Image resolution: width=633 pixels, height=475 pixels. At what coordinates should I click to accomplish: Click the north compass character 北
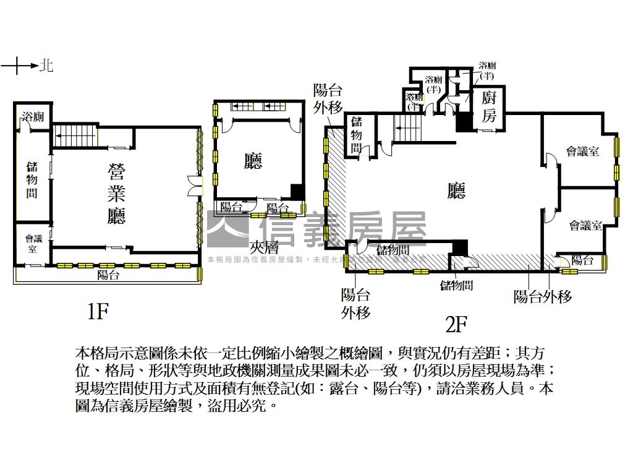coord(46,66)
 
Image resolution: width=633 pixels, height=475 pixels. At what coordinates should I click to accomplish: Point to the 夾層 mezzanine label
coord(267,246)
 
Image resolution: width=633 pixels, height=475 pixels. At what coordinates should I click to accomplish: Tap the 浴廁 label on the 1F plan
coord(32,117)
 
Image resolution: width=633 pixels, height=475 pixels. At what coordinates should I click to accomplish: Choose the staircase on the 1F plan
coord(74,135)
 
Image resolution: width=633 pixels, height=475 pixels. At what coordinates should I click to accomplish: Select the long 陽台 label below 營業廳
coord(108,275)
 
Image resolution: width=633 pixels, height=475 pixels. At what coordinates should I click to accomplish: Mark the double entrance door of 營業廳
coord(195,186)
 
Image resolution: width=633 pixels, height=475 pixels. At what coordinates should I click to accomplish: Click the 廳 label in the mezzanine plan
coord(253,161)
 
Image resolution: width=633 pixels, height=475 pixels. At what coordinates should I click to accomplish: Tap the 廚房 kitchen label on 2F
coord(490,106)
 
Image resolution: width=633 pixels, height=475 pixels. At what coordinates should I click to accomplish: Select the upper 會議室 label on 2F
coord(583,152)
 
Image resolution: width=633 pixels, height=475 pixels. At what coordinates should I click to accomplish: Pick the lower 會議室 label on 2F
coord(585,226)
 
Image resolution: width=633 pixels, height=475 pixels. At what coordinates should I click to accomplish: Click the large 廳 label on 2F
coord(456,192)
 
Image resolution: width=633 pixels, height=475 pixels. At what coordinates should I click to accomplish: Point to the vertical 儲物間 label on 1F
coord(32,179)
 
